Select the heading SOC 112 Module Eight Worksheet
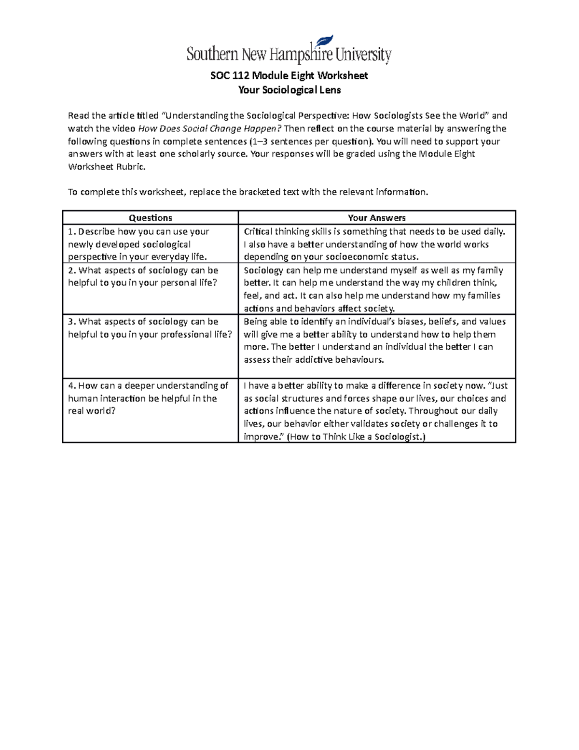[289, 75]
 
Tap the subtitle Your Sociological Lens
[289, 90]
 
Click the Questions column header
[151, 218]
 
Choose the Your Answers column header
[377, 218]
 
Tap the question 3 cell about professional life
[150, 328]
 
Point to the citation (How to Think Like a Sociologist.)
[356, 437]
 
